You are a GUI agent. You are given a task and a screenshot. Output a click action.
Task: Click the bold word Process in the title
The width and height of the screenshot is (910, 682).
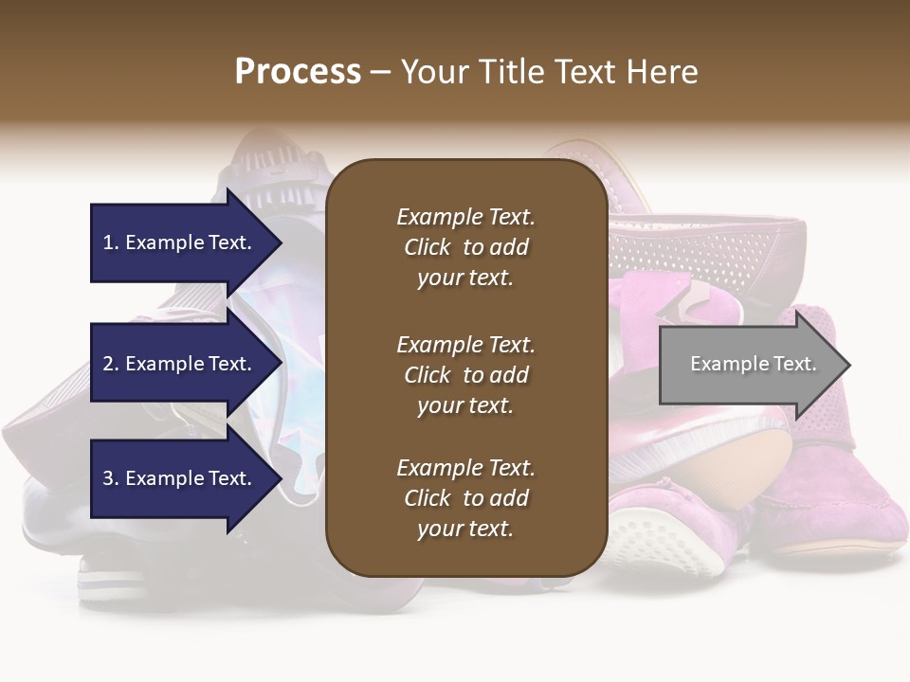(x=298, y=72)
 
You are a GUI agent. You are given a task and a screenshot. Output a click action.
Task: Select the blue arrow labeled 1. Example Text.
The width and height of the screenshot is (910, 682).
(x=180, y=242)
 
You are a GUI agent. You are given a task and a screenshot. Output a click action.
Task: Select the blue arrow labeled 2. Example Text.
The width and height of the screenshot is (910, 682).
(x=180, y=364)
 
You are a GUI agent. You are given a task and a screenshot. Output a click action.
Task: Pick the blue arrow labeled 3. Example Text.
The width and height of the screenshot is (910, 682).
(x=180, y=478)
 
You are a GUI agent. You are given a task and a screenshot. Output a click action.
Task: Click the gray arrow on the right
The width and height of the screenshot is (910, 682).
(x=749, y=365)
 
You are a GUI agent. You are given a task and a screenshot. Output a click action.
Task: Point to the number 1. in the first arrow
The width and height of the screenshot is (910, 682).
(x=111, y=242)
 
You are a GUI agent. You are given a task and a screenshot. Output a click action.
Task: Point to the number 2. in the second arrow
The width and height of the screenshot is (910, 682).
(x=111, y=364)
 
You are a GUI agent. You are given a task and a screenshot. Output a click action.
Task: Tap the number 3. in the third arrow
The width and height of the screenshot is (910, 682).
(x=111, y=478)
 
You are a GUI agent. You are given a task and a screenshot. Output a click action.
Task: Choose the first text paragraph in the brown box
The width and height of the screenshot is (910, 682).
(x=465, y=247)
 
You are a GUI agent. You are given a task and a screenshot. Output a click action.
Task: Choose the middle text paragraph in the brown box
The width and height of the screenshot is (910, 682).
(x=465, y=375)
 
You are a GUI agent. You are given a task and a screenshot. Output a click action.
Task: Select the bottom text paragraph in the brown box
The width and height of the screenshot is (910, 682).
(x=465, y=498)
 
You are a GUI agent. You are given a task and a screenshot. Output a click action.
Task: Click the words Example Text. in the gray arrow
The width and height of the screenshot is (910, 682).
(x=753, y=364)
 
